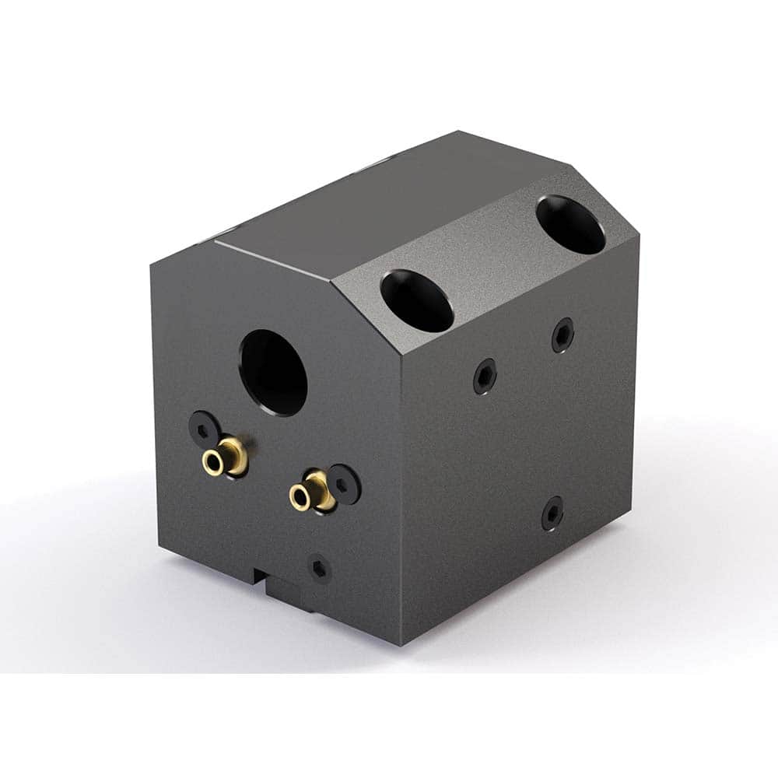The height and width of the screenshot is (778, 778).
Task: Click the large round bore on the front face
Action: click(x=273, y=373)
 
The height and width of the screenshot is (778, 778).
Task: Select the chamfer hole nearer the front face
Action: click(x=416, y=300)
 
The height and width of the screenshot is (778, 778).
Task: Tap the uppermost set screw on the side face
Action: click(x=562, y=335)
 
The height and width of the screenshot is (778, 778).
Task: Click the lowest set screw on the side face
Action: click(x=552, y=513)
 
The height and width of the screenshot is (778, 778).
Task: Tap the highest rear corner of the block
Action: click(x=459, y=131)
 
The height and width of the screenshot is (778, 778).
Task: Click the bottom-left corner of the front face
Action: click(x=160, y=548)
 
